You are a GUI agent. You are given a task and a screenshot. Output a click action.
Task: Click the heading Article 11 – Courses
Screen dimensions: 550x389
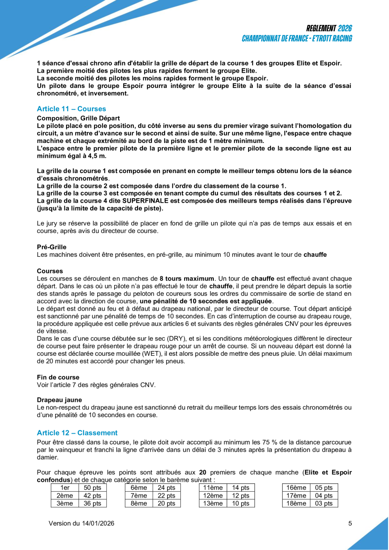(x=71, y=109)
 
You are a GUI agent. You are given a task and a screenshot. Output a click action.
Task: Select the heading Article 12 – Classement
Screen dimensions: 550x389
(x=77, y=433)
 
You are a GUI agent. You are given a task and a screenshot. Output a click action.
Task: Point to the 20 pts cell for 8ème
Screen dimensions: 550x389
(x=166, y=503)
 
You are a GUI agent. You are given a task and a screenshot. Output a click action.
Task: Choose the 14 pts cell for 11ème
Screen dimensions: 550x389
(x=241, y=488)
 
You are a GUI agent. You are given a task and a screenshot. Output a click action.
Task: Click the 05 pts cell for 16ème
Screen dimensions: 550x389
(x=324, y=488)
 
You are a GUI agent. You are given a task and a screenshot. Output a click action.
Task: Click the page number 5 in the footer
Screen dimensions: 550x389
(x=350, y=523)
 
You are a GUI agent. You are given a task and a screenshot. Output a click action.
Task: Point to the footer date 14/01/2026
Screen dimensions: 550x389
(x=98, y=523)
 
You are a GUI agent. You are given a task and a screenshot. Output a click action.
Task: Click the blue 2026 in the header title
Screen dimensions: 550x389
(x=345, y=29)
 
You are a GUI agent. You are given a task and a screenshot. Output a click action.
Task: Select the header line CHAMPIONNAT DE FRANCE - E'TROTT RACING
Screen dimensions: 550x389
(x=297, y=38)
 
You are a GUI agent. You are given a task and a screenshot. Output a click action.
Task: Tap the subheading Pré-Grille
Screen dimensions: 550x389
(x=52, y=247)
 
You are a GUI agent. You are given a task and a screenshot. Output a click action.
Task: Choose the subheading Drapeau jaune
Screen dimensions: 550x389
(x=59, y=399)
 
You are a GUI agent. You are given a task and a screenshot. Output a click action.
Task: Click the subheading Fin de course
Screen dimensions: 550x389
(x=58, y=377)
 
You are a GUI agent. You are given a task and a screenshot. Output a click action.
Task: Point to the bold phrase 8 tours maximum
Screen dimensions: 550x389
(x=187, y=278)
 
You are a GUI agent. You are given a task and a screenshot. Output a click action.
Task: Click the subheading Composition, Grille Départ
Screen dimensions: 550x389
(x=78, y=118)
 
